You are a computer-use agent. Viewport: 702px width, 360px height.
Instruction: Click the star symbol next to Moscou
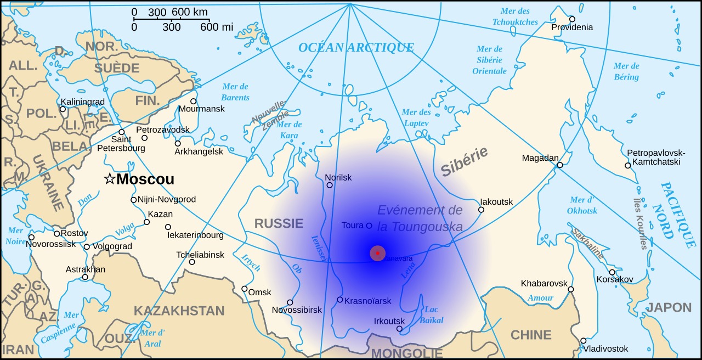110,179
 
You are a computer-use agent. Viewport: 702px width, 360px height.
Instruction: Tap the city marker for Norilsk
330,185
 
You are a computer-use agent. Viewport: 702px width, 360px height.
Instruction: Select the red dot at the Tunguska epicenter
377,253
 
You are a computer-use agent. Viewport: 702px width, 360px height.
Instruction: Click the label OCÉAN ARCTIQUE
356,48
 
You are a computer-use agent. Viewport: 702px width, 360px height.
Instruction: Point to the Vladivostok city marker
583,341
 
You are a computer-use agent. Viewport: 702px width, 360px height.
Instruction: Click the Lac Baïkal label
434,314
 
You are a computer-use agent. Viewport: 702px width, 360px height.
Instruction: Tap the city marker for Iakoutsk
481,210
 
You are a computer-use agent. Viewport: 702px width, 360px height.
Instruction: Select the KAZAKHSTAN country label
179,311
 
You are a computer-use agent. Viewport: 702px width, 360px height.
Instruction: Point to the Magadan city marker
560,165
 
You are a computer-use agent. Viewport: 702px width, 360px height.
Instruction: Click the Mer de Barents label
235,92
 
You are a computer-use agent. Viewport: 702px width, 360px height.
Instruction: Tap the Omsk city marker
245,289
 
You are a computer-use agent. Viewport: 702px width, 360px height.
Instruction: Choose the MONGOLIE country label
406,352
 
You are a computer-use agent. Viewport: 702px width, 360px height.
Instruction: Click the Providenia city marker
572,19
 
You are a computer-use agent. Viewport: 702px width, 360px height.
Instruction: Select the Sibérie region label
464,162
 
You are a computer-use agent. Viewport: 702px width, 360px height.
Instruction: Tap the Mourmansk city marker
193,101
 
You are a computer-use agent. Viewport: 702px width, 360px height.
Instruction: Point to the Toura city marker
369,225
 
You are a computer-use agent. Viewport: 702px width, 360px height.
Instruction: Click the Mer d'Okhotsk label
583,205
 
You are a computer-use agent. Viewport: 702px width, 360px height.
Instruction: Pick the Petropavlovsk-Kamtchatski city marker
627,165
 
